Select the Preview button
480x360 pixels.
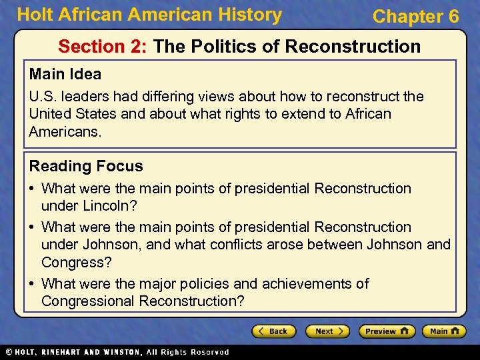[387, 331]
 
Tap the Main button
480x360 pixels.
[443, 331]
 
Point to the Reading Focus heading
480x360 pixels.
[86, 166]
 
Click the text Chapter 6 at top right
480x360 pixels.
[415, 17]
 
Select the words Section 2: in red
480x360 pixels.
[103, 47]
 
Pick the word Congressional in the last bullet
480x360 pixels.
[88, 301]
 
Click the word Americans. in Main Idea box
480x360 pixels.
[65, 132]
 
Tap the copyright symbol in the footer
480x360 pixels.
[9, 352]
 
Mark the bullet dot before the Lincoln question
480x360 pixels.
[33, 189]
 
